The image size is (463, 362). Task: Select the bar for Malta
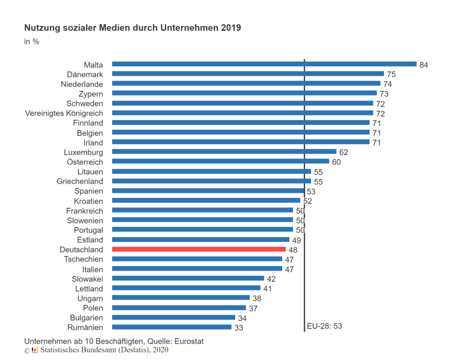tap(264, 64)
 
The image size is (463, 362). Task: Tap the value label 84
tap(423, 65)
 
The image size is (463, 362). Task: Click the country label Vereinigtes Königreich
tap(64, 113)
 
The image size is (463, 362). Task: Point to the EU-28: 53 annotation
tap(325, 326)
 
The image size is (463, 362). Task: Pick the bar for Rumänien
tap(171, 327)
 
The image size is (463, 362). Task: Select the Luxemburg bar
tap(224, 152)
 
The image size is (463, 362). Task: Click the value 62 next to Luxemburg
tap(344, 152)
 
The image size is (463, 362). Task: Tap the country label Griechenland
tap(80, 181)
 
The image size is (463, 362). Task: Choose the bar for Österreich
tap(220, 162)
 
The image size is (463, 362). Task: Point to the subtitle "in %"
tap(32, 41)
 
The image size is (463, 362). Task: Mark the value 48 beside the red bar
tap(293, 250)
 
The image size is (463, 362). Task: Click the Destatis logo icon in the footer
tap(34, 350)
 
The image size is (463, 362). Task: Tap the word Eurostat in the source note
tap(188, 341)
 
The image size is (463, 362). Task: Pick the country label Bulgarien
tap(86, 318)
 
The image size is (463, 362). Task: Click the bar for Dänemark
tap(248, 74)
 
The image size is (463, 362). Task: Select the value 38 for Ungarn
tap(256, 298)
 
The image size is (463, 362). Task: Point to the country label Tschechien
tap(83, 259)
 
